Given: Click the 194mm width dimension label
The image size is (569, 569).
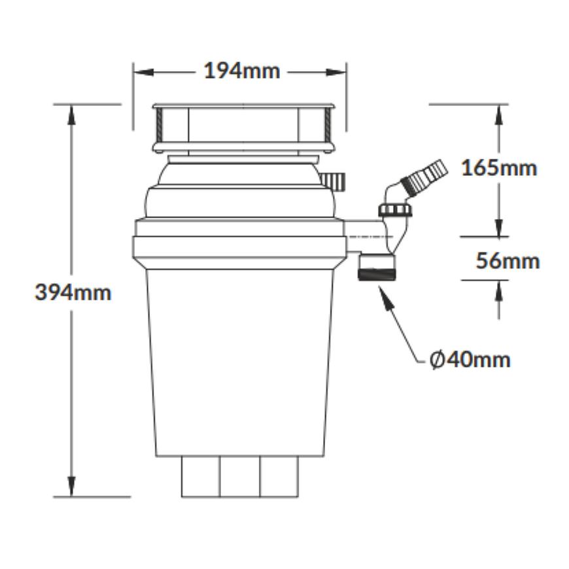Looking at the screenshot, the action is click(242, 71).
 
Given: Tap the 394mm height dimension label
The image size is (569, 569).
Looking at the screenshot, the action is click(73, 292).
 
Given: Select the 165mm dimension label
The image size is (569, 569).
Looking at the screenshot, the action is click(499, 168).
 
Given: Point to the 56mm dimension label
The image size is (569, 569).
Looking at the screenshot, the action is click(508, 261).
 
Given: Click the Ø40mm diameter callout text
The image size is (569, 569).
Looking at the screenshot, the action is click(470, 360).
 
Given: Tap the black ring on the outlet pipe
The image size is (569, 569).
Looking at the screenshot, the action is click(377, 274).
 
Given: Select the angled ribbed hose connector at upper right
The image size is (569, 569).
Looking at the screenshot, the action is click(422, 177).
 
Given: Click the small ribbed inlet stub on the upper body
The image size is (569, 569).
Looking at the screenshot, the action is click(333, 181).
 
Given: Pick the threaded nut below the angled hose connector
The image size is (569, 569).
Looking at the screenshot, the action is click(395, 210).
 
